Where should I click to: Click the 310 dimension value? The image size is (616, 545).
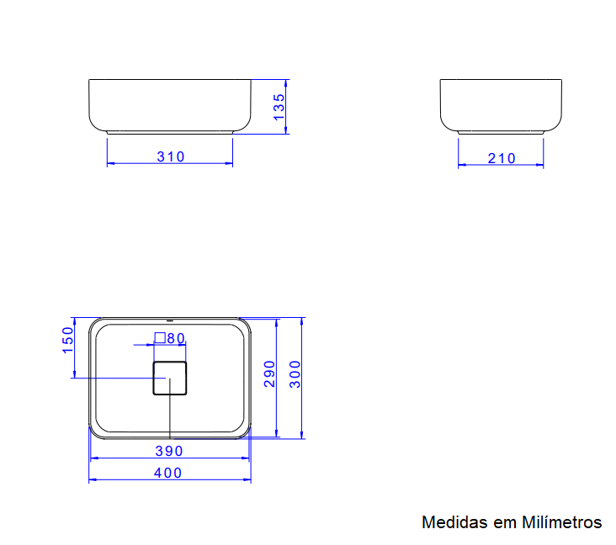coord(170,156)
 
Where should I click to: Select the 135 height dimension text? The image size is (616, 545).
coord(279,107)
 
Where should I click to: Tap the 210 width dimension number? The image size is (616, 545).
coord(502,158)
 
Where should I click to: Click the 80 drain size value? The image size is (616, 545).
coord(176,338)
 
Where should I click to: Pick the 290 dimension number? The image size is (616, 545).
coord(269,373)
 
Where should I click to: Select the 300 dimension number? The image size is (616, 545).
coord(295,373)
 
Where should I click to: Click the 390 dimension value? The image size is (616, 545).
coord(169,451)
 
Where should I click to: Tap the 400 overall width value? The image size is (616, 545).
coord(168,473)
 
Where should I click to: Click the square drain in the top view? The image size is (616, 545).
coord(169,378)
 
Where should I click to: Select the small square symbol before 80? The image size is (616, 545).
coord(159,338)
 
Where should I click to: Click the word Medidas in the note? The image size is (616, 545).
coord(454,522)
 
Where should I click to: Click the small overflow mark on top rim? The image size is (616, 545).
coord(170,320)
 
